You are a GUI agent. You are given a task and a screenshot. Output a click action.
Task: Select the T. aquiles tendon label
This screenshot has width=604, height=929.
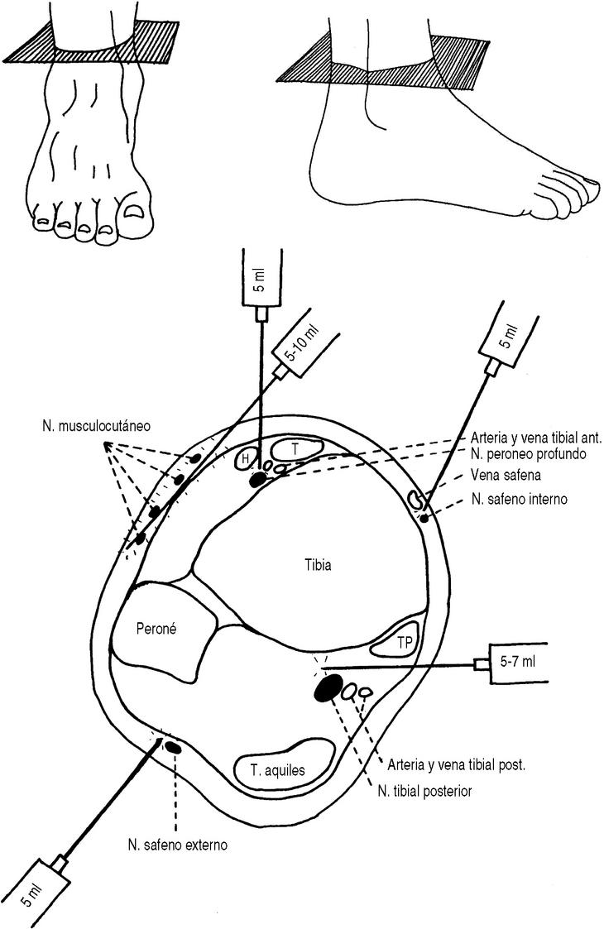pos(278,770)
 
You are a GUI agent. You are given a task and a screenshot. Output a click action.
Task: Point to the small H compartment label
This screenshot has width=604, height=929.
pos(246,459)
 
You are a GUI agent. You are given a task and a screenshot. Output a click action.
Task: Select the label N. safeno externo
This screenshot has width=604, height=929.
pos(177,845)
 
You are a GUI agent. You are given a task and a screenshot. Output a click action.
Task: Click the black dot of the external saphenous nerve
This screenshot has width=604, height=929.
pos(174,748)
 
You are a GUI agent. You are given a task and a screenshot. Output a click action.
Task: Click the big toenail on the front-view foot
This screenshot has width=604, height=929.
pos(132,213)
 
